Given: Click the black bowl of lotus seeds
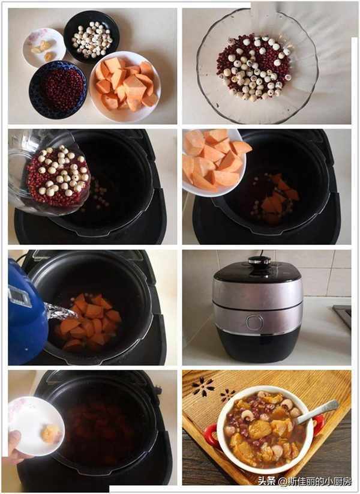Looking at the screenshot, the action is click(91, 37).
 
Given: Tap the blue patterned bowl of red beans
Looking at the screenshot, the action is click(58, 90).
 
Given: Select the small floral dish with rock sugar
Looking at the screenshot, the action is click(44, 48).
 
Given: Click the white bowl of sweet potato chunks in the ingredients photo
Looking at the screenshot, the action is click(125, 86).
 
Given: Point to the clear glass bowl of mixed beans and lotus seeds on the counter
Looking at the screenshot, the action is click(257, 66).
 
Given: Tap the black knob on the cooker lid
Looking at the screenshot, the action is click(259, 261).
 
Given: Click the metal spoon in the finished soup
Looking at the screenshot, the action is click(318, 411).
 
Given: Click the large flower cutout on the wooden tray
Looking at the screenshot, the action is click(203, 387).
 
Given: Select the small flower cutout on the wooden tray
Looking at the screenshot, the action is click(227, 395).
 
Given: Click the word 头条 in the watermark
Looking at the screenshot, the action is click(267, 481).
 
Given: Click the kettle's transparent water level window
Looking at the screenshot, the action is click(20, 296).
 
